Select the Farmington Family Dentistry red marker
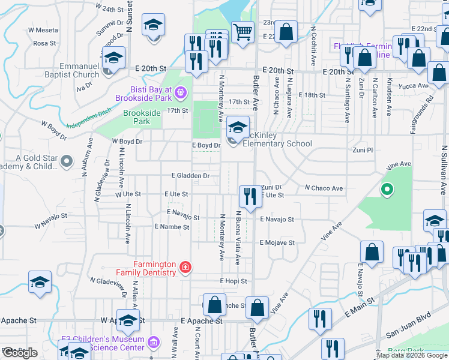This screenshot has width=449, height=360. [185, 267]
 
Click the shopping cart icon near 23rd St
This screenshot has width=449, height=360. [243, 32]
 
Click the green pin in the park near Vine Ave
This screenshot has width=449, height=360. [387, 190]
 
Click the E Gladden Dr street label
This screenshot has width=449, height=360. [190, 176]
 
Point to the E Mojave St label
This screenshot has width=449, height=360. [277, 243]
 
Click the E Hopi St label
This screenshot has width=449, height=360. [234, 281]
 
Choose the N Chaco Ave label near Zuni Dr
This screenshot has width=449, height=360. [324, 188]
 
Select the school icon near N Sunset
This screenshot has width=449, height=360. [153, 26]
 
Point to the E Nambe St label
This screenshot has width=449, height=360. [172, 227]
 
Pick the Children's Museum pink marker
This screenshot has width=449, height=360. [154, 343]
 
